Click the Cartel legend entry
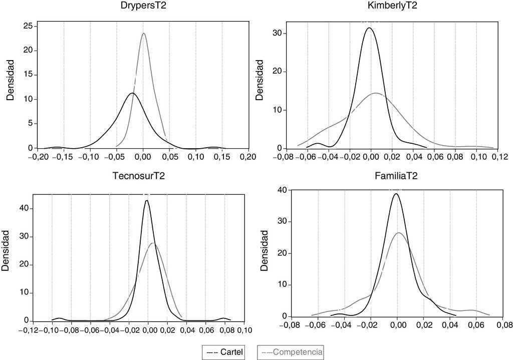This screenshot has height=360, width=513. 224,352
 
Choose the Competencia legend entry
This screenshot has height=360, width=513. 291,352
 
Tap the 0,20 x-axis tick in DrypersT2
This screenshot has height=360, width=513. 246,157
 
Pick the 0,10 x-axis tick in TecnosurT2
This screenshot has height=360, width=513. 244,330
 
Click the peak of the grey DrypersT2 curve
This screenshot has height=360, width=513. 144,34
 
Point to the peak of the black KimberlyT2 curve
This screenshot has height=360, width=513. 370,28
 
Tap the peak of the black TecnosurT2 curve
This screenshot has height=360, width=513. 147,201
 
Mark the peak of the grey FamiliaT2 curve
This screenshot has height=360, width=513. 399,233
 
